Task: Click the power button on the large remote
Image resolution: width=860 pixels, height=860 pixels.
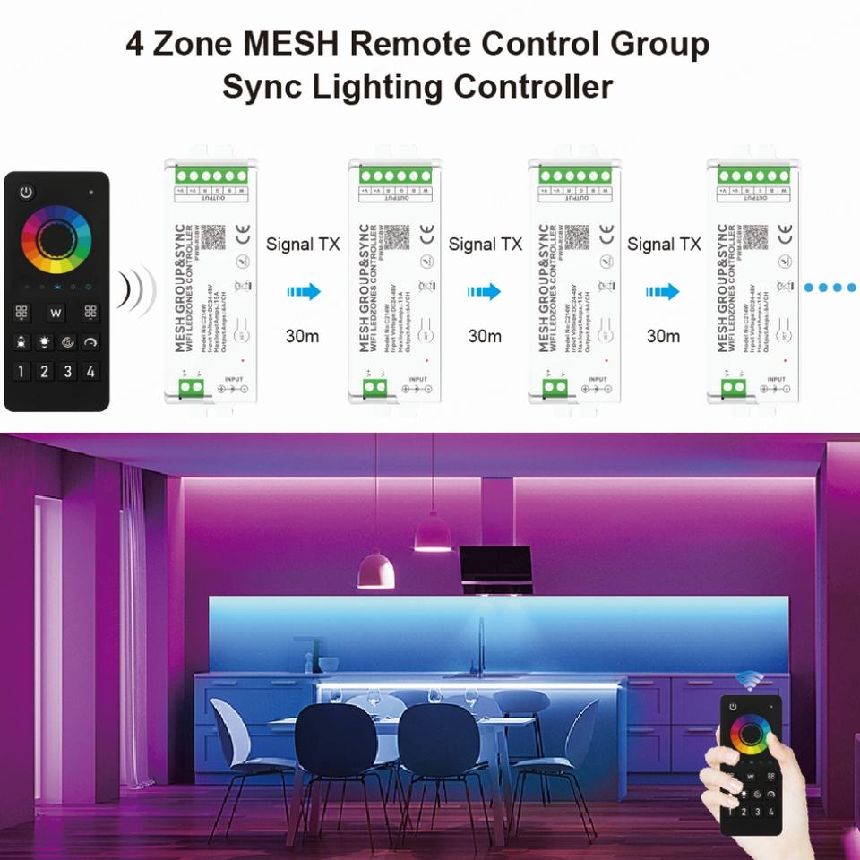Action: pos(27,192)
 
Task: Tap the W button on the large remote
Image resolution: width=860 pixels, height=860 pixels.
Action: pos(56,313)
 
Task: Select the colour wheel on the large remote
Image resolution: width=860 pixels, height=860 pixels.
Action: pos(56,238)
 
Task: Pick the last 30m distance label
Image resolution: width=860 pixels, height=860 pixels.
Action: pos(663,336)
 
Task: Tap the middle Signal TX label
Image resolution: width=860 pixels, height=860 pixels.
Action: pos(485,244)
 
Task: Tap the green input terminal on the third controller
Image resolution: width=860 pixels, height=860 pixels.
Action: pos(555,386)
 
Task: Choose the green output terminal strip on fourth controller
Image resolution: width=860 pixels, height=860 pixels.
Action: pos(747,176)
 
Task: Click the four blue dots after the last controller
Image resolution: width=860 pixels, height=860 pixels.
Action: pos(830,288)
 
